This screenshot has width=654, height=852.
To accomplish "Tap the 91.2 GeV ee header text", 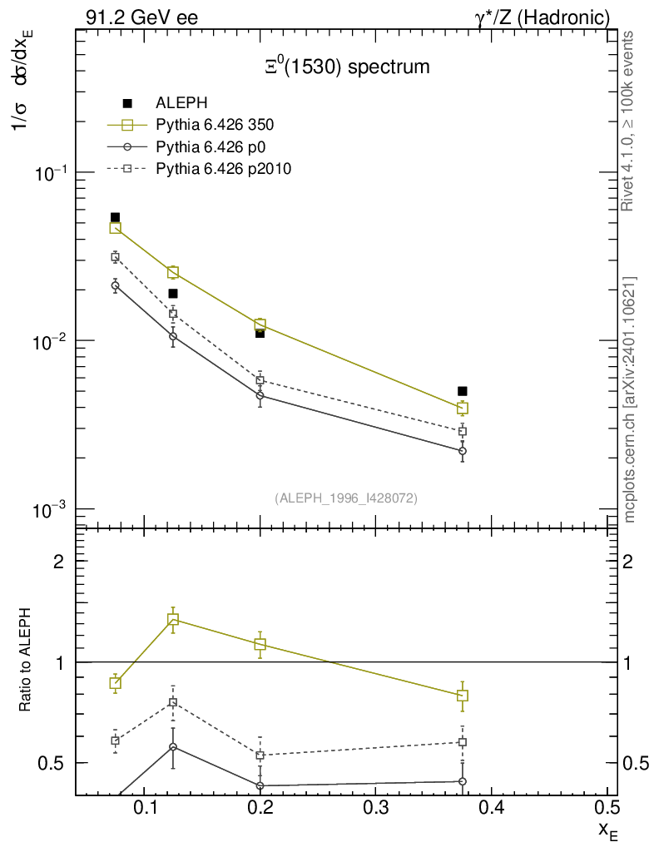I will (x=141, y=17).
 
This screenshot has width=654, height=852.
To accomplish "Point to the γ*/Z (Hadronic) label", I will (x=548, y=17).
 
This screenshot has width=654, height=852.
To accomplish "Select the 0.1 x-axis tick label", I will (x=145, y=808).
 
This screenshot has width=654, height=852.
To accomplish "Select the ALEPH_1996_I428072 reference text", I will (x=346, y=498).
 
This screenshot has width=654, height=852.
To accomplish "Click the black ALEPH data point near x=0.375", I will (x=463, y=391).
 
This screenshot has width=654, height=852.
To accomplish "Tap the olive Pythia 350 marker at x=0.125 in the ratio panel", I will (x=173, y=619).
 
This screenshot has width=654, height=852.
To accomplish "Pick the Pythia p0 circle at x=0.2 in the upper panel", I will (x=260, y=395).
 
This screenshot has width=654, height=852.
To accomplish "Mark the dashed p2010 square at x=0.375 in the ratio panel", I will (x=463, y=742).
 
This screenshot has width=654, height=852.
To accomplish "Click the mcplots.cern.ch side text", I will (x=630, y=399).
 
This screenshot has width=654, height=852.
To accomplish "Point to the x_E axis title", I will (x=608, y=829).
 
